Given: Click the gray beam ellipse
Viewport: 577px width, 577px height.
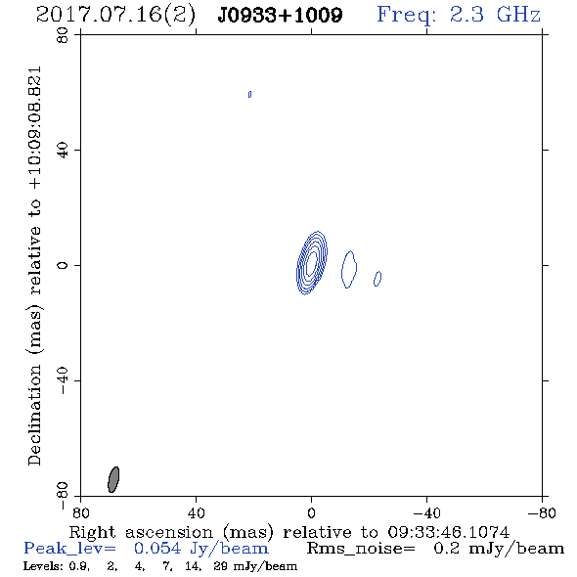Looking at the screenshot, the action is point(113,479).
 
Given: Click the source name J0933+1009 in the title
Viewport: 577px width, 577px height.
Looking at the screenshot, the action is point(280,16).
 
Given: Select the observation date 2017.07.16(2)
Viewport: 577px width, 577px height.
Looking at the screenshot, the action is point(115,16).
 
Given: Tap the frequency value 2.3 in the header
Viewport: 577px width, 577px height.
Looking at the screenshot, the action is point(466,15).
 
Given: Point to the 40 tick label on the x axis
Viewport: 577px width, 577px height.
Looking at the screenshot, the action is point(196,512).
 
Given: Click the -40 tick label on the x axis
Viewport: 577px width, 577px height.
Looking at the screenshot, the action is point(426,512).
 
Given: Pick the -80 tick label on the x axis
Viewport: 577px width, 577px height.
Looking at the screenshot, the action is point(542,512).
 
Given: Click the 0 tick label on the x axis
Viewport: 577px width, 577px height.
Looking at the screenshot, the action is point(311,512).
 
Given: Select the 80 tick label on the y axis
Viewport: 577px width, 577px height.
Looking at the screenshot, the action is point(63,35).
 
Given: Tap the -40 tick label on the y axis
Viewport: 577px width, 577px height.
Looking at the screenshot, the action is point(63,380).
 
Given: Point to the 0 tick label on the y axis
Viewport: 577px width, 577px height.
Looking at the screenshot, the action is point(63,265).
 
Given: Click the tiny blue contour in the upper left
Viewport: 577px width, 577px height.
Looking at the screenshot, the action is point(249,95).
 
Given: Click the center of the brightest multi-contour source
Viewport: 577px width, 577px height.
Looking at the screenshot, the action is point(312,263).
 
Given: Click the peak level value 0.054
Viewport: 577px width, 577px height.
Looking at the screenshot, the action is point(157,549).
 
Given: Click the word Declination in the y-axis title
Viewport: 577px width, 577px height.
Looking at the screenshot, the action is point(34,415).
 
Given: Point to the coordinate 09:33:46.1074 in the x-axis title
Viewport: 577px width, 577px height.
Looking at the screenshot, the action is point(449,532).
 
